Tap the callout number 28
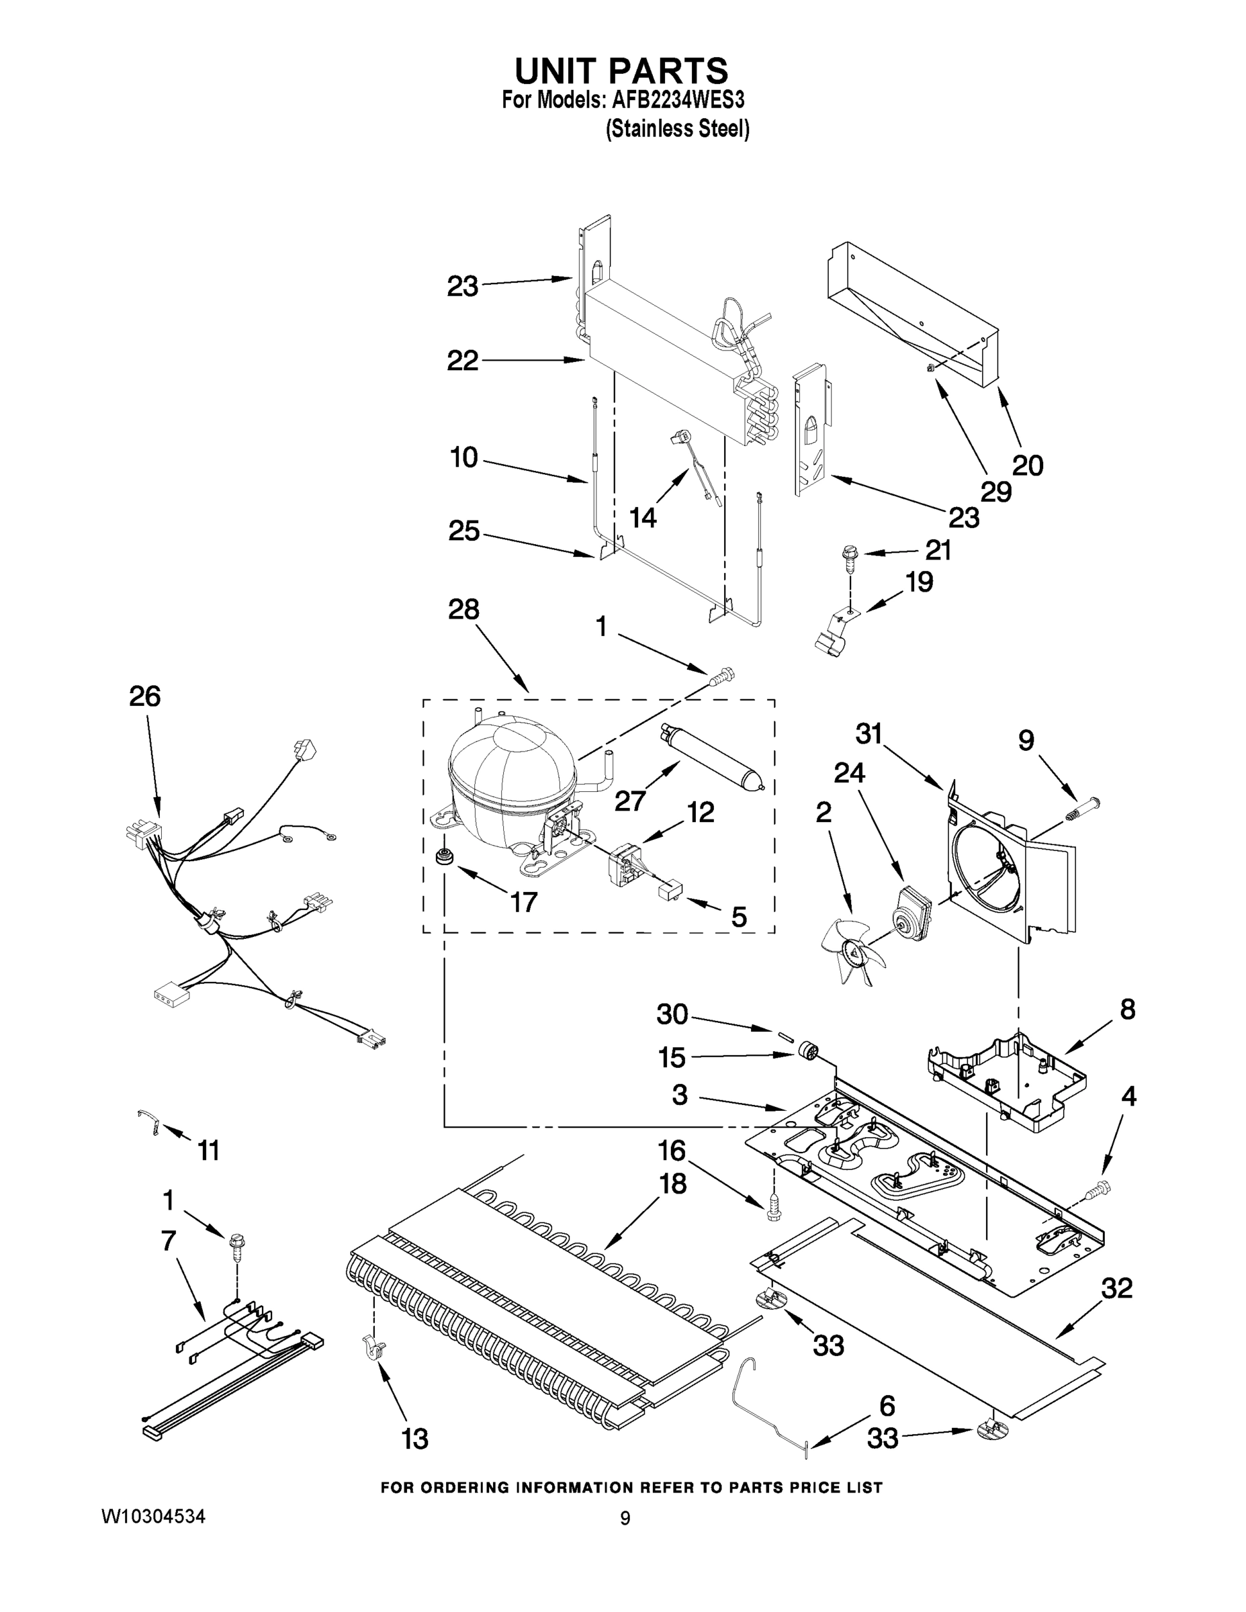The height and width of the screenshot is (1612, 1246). click(463, 610)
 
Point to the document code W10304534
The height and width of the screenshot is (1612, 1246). click(152, 1516)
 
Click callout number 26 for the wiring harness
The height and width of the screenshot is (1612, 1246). click(144, 696)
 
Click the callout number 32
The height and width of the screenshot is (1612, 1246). click(1116, 1288)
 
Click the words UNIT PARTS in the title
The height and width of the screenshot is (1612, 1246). click(621, 70)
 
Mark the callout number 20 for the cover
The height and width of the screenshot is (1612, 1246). click(1027, 465)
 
